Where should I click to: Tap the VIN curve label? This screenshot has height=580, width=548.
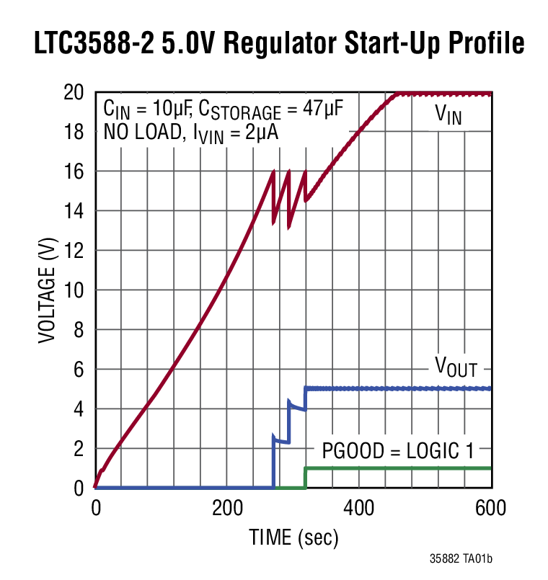(447, 115)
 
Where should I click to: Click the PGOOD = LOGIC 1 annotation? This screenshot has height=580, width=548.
(397, 452)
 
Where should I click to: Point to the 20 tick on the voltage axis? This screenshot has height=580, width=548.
(74, 93)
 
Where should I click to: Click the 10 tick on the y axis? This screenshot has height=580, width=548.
(74, 290)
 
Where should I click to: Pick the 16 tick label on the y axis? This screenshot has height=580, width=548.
(74, 172)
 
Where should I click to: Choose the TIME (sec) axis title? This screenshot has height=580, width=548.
(293, 537)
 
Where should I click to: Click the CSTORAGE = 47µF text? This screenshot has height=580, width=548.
(270, 110)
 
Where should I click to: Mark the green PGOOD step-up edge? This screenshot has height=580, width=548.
(306, 477)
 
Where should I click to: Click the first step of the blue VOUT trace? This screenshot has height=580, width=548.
(273, 461)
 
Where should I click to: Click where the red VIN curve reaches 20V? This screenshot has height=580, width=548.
(395, 94)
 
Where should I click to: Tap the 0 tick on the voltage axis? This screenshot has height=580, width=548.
(79, 488)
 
